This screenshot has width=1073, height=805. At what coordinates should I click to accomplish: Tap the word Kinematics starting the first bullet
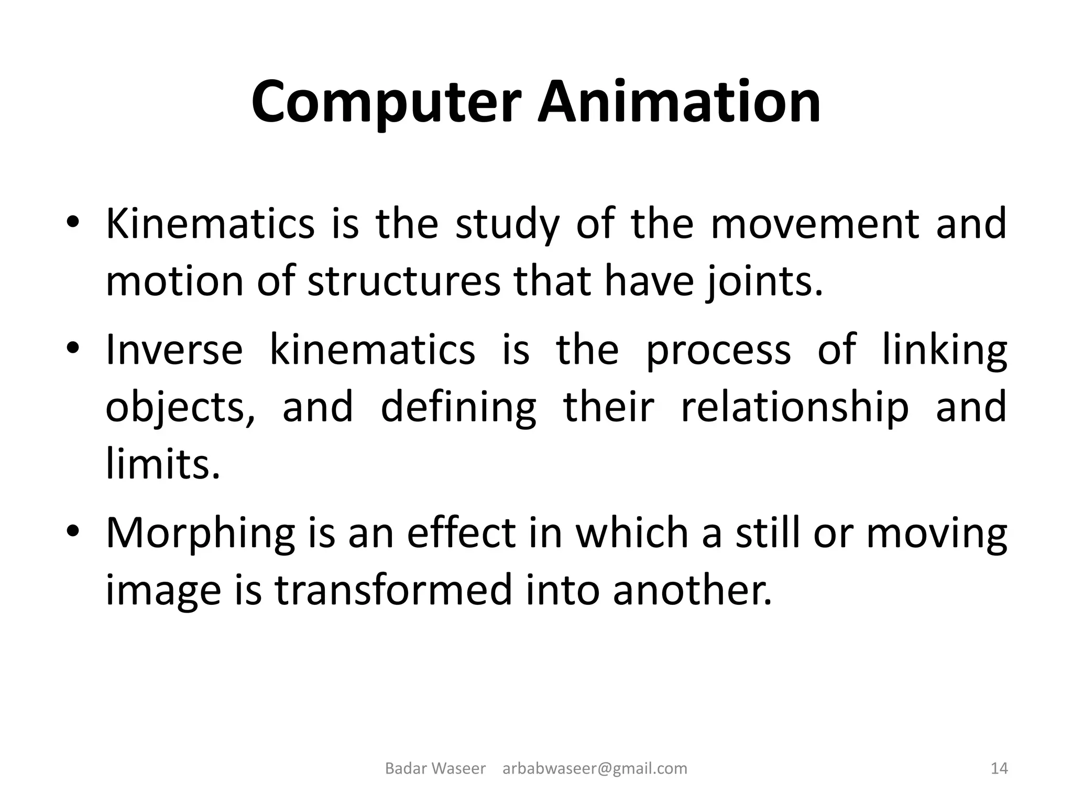(x=210, y=224)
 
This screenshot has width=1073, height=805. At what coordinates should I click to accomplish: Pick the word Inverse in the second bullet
(x=174, y=350)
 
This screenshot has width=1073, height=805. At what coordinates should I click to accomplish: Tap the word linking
(x=945, y=350)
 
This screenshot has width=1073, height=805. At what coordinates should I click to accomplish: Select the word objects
(x=180, y=408)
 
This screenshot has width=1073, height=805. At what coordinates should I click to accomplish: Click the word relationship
(x=794, y=408)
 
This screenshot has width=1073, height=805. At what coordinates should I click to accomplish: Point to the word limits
(x=162, y=464)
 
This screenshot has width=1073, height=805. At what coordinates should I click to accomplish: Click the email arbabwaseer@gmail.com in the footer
(x=595, y=769)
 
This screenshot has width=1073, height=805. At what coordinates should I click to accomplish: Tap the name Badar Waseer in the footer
(x=435, y=769)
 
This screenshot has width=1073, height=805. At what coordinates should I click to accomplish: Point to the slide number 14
(x=999, y=769)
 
